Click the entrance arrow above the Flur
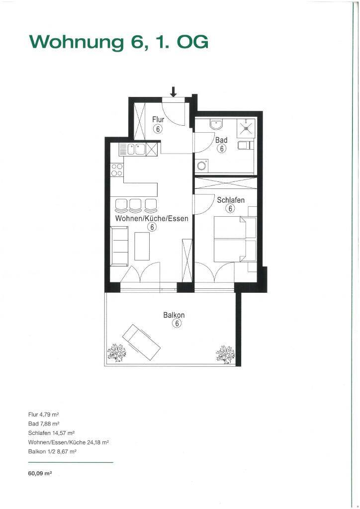(174, 91)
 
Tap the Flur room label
(158, 119)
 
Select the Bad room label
(221, 140)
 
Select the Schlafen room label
(231, 200)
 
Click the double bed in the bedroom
(235, 239)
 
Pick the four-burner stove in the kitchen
(117, 170)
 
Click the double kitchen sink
(136, 150)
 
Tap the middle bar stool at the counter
(135, 204)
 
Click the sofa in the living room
(119, 247)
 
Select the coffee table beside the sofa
(142, 246)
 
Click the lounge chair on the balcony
(142, 341)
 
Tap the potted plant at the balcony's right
(225, 354)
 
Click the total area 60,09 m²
(40, 474)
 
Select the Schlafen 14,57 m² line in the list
(52, 433)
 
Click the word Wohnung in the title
(77, 42)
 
